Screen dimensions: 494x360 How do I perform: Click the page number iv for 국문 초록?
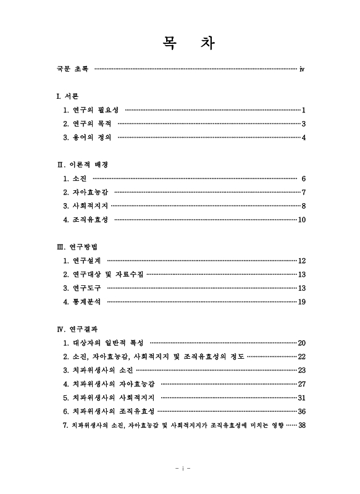click(x=301, y=69)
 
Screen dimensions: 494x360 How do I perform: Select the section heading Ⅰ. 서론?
click(x=67, y=96)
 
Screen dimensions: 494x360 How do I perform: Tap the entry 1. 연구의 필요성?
click(x=90, y=110)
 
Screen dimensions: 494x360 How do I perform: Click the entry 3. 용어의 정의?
click(x=87, y=136)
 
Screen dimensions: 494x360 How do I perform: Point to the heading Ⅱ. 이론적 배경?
click(x=82, y=165)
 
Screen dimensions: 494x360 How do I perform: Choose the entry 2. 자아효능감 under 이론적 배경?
click(x=86, y=192)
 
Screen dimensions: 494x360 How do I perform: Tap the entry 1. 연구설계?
click(x=82, y=261)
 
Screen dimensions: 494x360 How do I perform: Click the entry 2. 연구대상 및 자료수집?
click(x=103, y=274)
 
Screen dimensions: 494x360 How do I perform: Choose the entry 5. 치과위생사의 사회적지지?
click(x=109, y=398)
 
